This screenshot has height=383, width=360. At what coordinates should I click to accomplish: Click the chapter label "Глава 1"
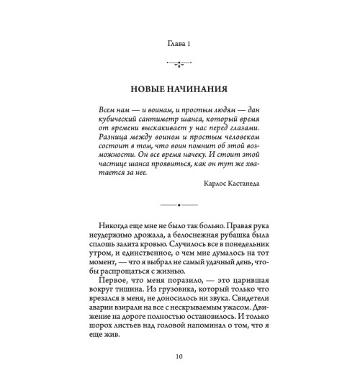[179, 45]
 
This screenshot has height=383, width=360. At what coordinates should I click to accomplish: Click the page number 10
[179, 374]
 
